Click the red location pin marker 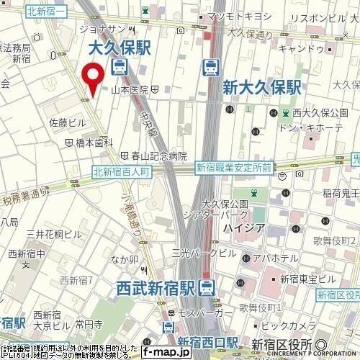(91, 78)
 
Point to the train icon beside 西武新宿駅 (207, 288)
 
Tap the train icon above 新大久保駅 (211, 68)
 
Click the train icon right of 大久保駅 (120, 68)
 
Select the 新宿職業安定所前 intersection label (233, 168)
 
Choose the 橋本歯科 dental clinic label (94, 143)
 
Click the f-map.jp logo (164, 352)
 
